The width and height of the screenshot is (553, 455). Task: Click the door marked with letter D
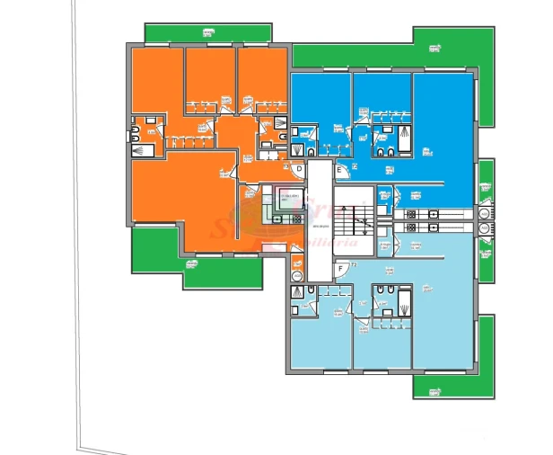click(299, 167)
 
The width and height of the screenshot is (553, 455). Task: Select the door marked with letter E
click(340, 169)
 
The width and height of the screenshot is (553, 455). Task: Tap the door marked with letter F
click(339, 268)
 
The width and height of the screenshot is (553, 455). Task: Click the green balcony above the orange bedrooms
click(208, 36)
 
